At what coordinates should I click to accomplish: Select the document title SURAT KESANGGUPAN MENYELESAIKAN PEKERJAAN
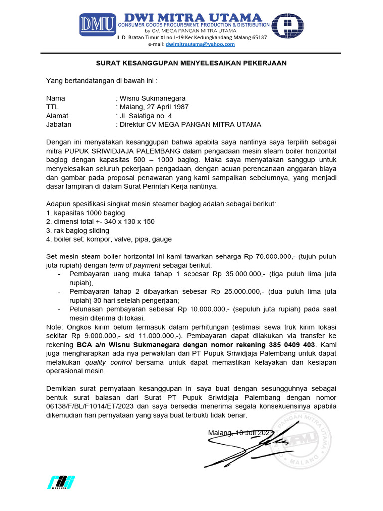191,63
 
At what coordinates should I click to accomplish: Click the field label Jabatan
59,124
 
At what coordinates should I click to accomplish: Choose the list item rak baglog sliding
81,231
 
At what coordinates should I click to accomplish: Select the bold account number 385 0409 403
291,344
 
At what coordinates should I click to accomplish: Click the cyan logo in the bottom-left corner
61,482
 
